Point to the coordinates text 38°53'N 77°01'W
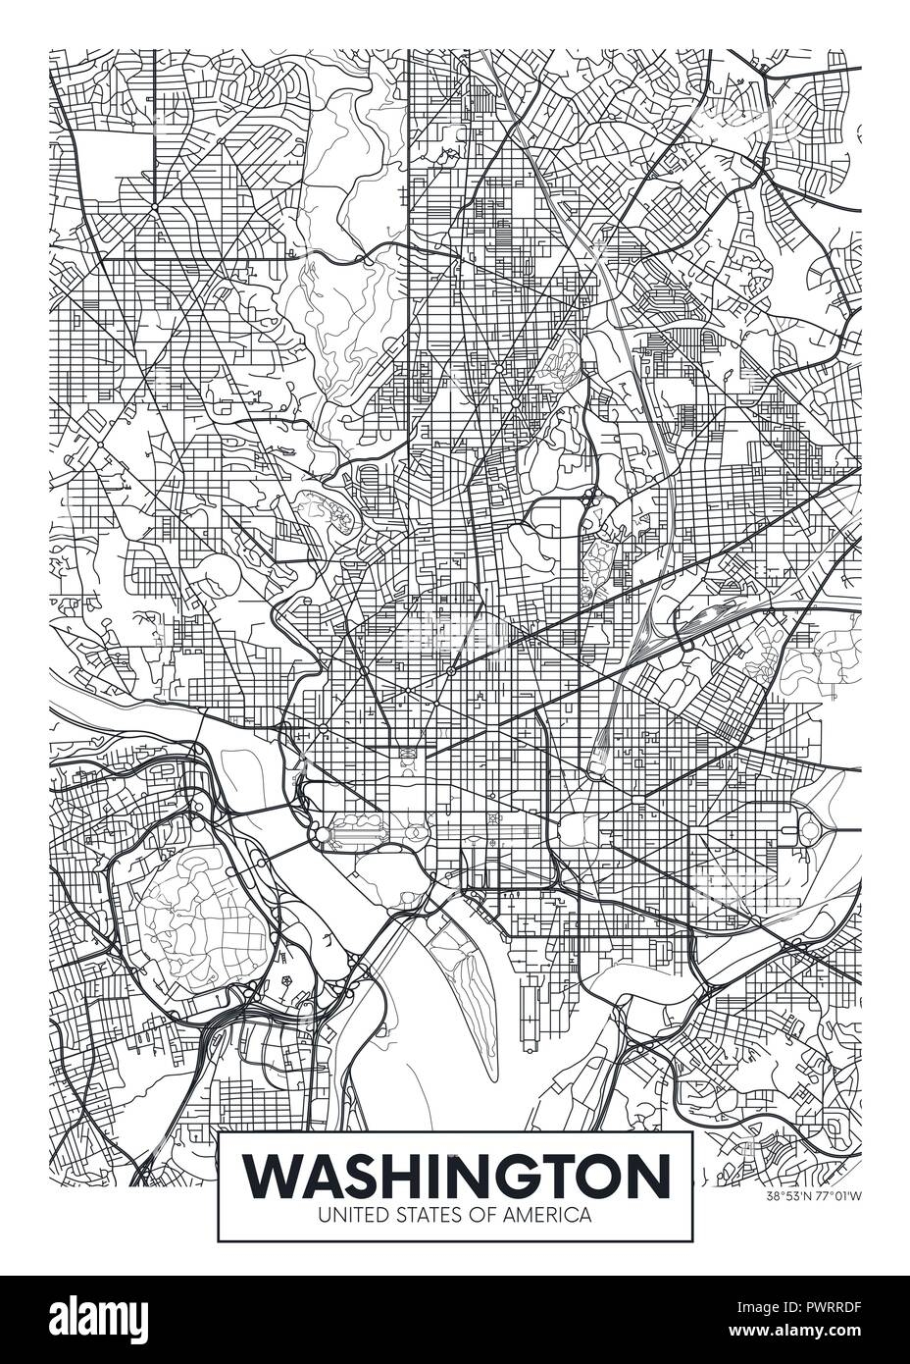pos(814,1195)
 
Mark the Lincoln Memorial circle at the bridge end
pos(322,834)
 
